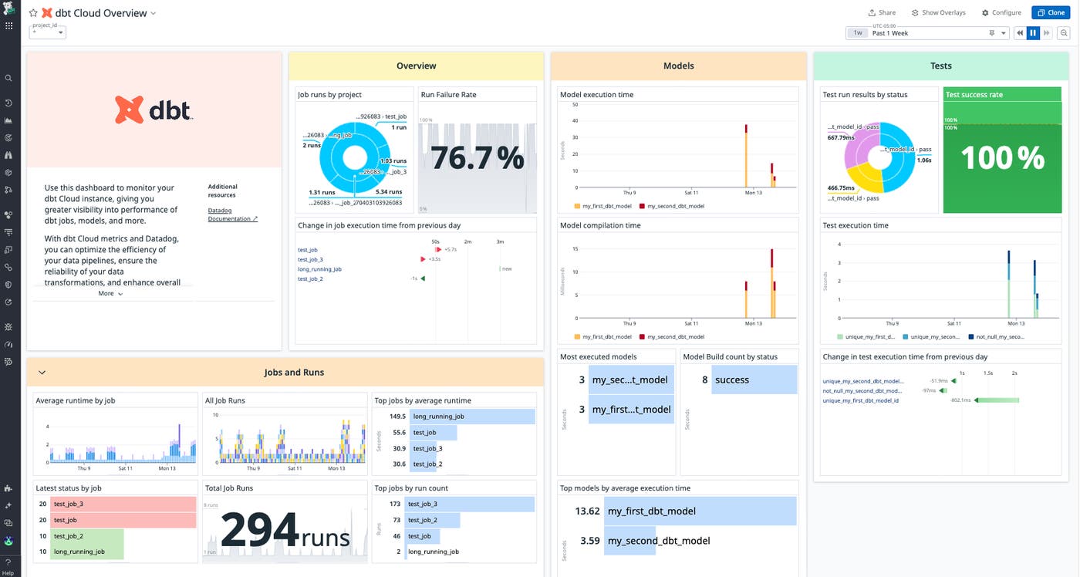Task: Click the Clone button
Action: coord(1051,12)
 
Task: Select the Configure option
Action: coord(1001,12)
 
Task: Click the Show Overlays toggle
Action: coord(938,12)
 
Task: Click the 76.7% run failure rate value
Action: coord(477,158)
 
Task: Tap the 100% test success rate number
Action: coord(1001,158)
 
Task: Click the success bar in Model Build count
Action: coord(753,380)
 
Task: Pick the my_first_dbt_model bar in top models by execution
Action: coord(699,511)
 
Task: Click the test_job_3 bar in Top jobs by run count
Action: coord(469,504)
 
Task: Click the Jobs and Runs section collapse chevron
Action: coord(42,373)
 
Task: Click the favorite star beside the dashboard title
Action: coord(33,13)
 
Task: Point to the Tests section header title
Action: coord(940,66)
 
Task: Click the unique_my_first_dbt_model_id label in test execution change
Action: coord(860,400)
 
